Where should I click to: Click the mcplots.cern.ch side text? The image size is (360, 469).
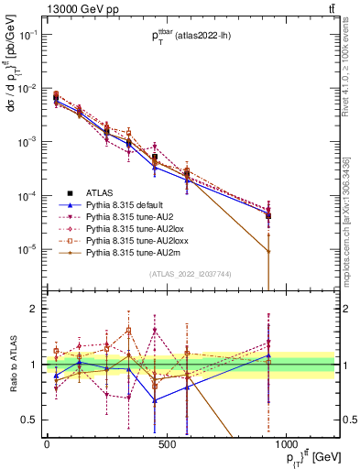[352, 220]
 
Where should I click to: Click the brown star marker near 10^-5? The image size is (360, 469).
[268, 251]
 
